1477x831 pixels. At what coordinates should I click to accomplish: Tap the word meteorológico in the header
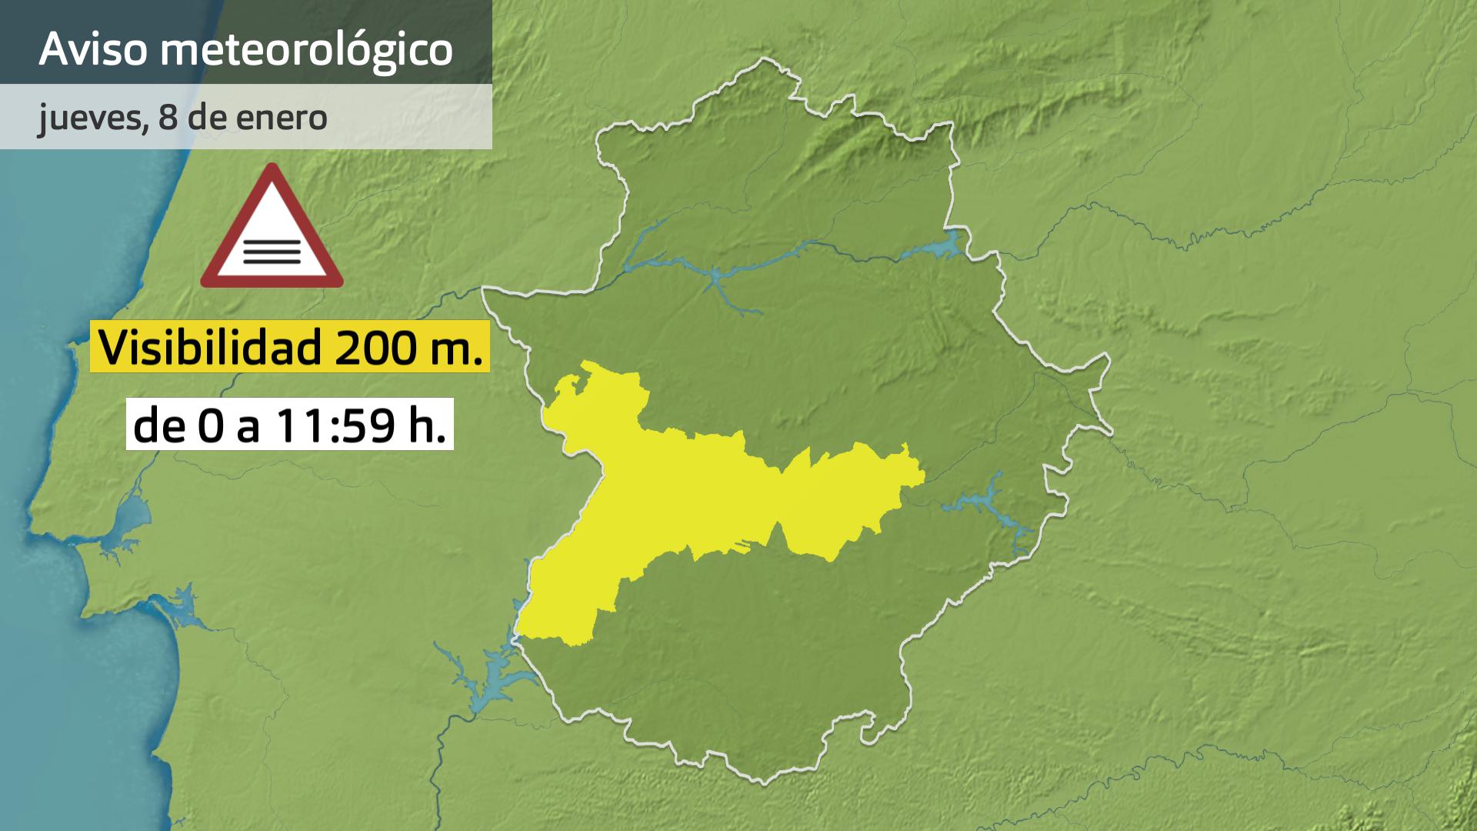pyautogui.click(x=306, y=51)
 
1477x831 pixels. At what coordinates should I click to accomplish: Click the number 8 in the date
pyautogui.click(x=165, y=117)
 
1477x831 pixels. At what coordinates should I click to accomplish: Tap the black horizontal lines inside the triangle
pyautogui.click(x=272, y=251)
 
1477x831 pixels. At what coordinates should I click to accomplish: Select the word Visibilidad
pyautogui.click(x=210, y=347)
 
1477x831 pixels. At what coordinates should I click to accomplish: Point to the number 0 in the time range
pyautogui.click(x=208, y=426)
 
